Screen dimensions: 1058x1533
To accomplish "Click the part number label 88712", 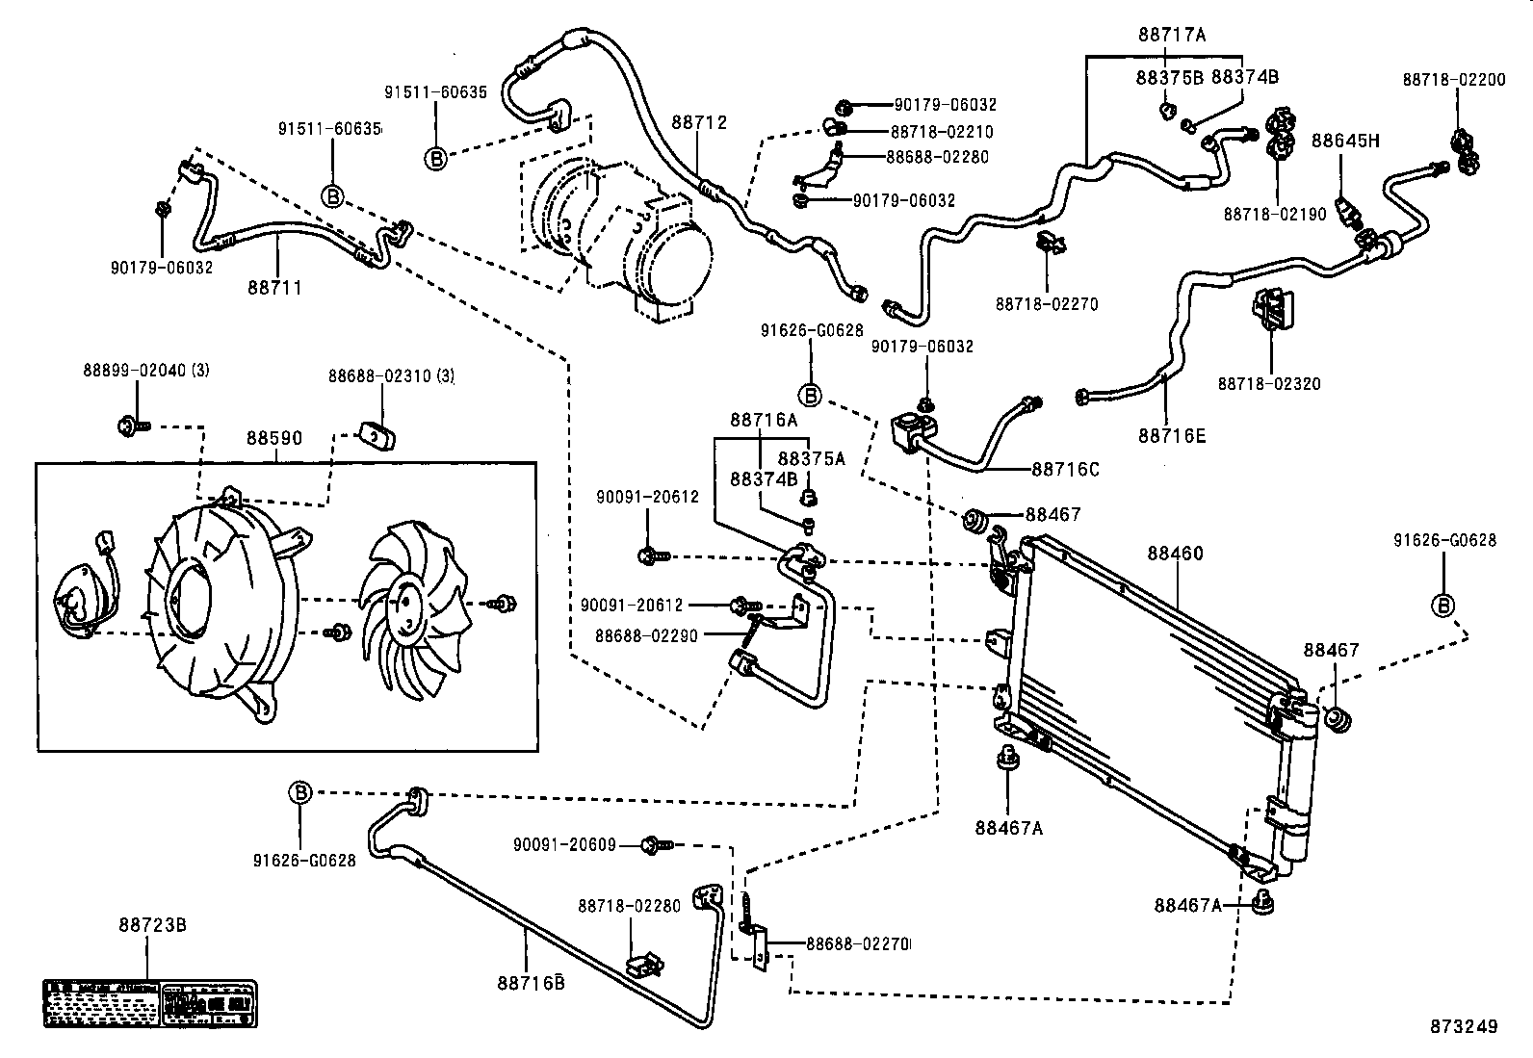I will [x=699, y=122].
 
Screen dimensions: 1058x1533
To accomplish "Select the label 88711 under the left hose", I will [x=274, y=287].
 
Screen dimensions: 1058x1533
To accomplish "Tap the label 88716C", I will [x=1065, y=470].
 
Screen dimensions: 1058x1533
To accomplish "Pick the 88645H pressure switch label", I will [x=1345, y=141].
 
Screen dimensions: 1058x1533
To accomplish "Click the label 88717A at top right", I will [x=1171, y=36].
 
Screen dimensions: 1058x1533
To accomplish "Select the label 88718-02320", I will [x=1269, y=383].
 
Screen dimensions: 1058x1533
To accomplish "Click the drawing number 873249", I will [x=1464, y=1026].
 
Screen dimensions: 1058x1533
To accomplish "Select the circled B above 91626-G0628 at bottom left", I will [x=300, y=792].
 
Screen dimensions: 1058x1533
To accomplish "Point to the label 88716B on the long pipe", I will [x=530, y=982].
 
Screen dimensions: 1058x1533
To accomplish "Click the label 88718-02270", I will [x=1047, y=304].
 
